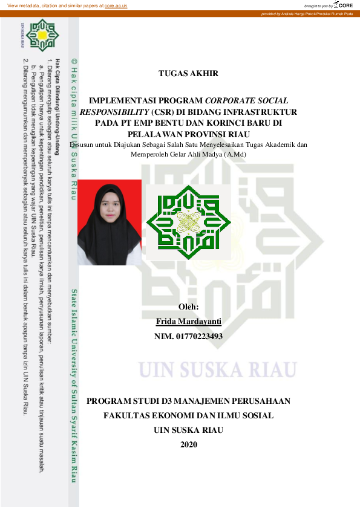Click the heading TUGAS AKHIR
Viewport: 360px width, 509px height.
[x=188, y=74]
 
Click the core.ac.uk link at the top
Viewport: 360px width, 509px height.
[x=116, y=5]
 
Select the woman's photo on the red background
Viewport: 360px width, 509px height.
[x=110, y=222]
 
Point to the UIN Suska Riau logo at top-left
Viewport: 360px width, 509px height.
[x=42, y=36]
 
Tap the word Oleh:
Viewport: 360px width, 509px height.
[x=188, y=307]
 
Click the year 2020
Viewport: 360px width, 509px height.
[x=189, y=445]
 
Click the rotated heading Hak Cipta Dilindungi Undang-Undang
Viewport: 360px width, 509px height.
[x=57, y=103]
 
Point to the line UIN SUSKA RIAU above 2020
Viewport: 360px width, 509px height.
[x=189, y=430]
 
